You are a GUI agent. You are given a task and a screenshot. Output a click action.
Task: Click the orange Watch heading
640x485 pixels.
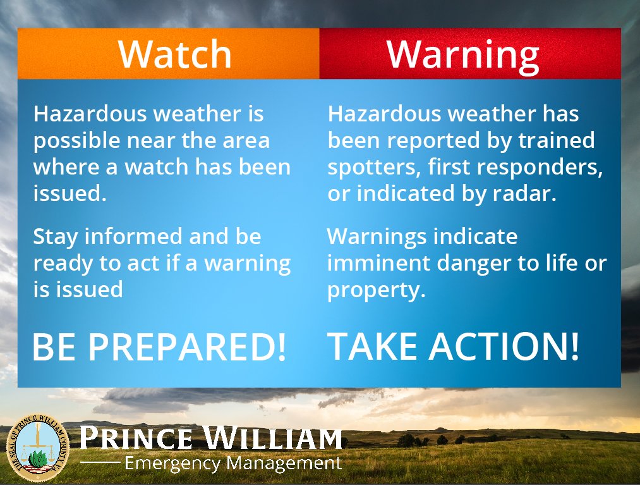pyautogui.click(x=175, y=54)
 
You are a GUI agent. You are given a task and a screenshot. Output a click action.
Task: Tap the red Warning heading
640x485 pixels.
pyautogui.click(x=462, y=54)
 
